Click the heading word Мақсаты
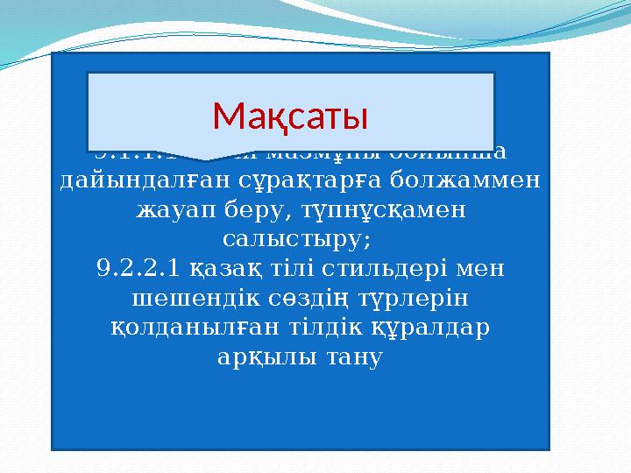(290, 115)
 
